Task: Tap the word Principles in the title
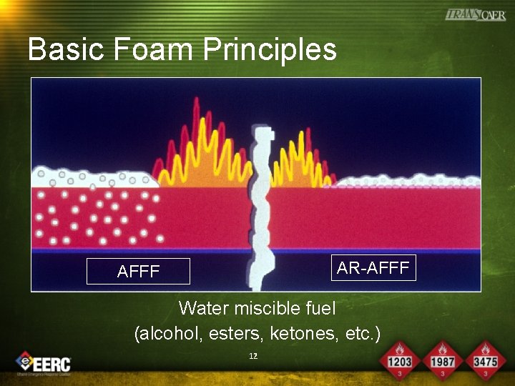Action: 270,50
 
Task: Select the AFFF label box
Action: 138,272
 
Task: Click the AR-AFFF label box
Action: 373,268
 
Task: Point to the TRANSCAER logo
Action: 475,14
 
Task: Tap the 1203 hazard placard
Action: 399,361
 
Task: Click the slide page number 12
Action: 252,355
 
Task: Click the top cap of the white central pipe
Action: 263,134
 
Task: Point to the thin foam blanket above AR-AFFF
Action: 408,182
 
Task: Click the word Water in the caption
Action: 203,309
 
